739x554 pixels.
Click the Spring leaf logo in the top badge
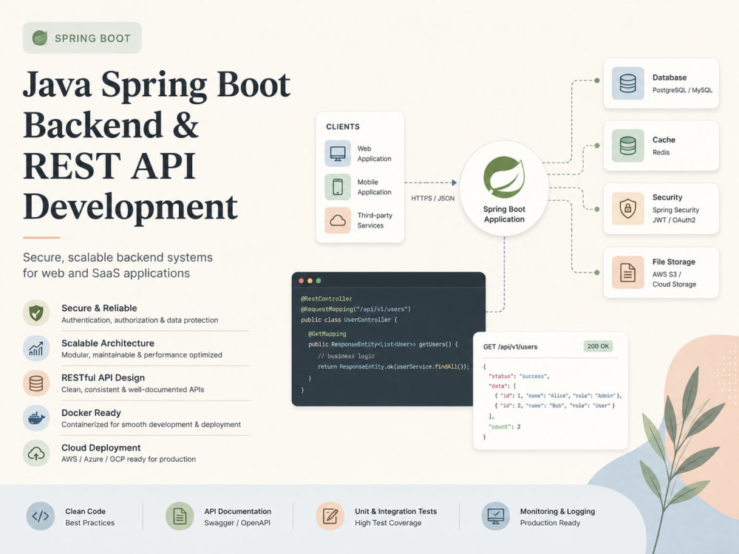point(40,38)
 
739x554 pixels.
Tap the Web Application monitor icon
point(338,154)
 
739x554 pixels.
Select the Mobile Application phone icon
point(338,187)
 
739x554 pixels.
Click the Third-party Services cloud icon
point(338,220)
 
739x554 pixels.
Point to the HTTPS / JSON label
point(432,198)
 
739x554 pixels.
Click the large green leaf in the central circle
point(504,177)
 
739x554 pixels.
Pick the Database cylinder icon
point(627,83)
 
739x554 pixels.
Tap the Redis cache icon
point(627,146)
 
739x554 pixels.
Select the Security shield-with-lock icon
point(627,208)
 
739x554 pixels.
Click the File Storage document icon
point(627,273)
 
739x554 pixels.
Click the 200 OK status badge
point(598,346)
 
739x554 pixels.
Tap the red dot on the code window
point(302,281)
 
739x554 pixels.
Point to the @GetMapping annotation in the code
point(327,334)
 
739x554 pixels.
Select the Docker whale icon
point(36,418)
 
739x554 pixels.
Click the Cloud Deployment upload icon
point(36,454)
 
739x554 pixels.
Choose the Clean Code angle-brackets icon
point(41,516)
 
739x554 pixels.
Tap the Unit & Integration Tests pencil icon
point(330,516)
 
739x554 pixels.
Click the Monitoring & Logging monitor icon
point(495,516)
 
